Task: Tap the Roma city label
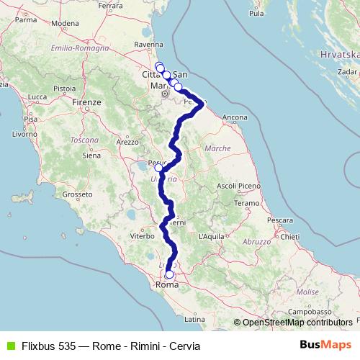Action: (x=167, y=285)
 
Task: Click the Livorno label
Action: (x=24, y=134)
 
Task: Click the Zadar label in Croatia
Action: (x=346, y=72)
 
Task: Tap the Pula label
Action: (x=256, y=13)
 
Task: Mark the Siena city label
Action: (x=91, y=155)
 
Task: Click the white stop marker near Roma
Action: (x=170, y=274)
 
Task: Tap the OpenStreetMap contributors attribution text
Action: (x=297, y=323)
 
